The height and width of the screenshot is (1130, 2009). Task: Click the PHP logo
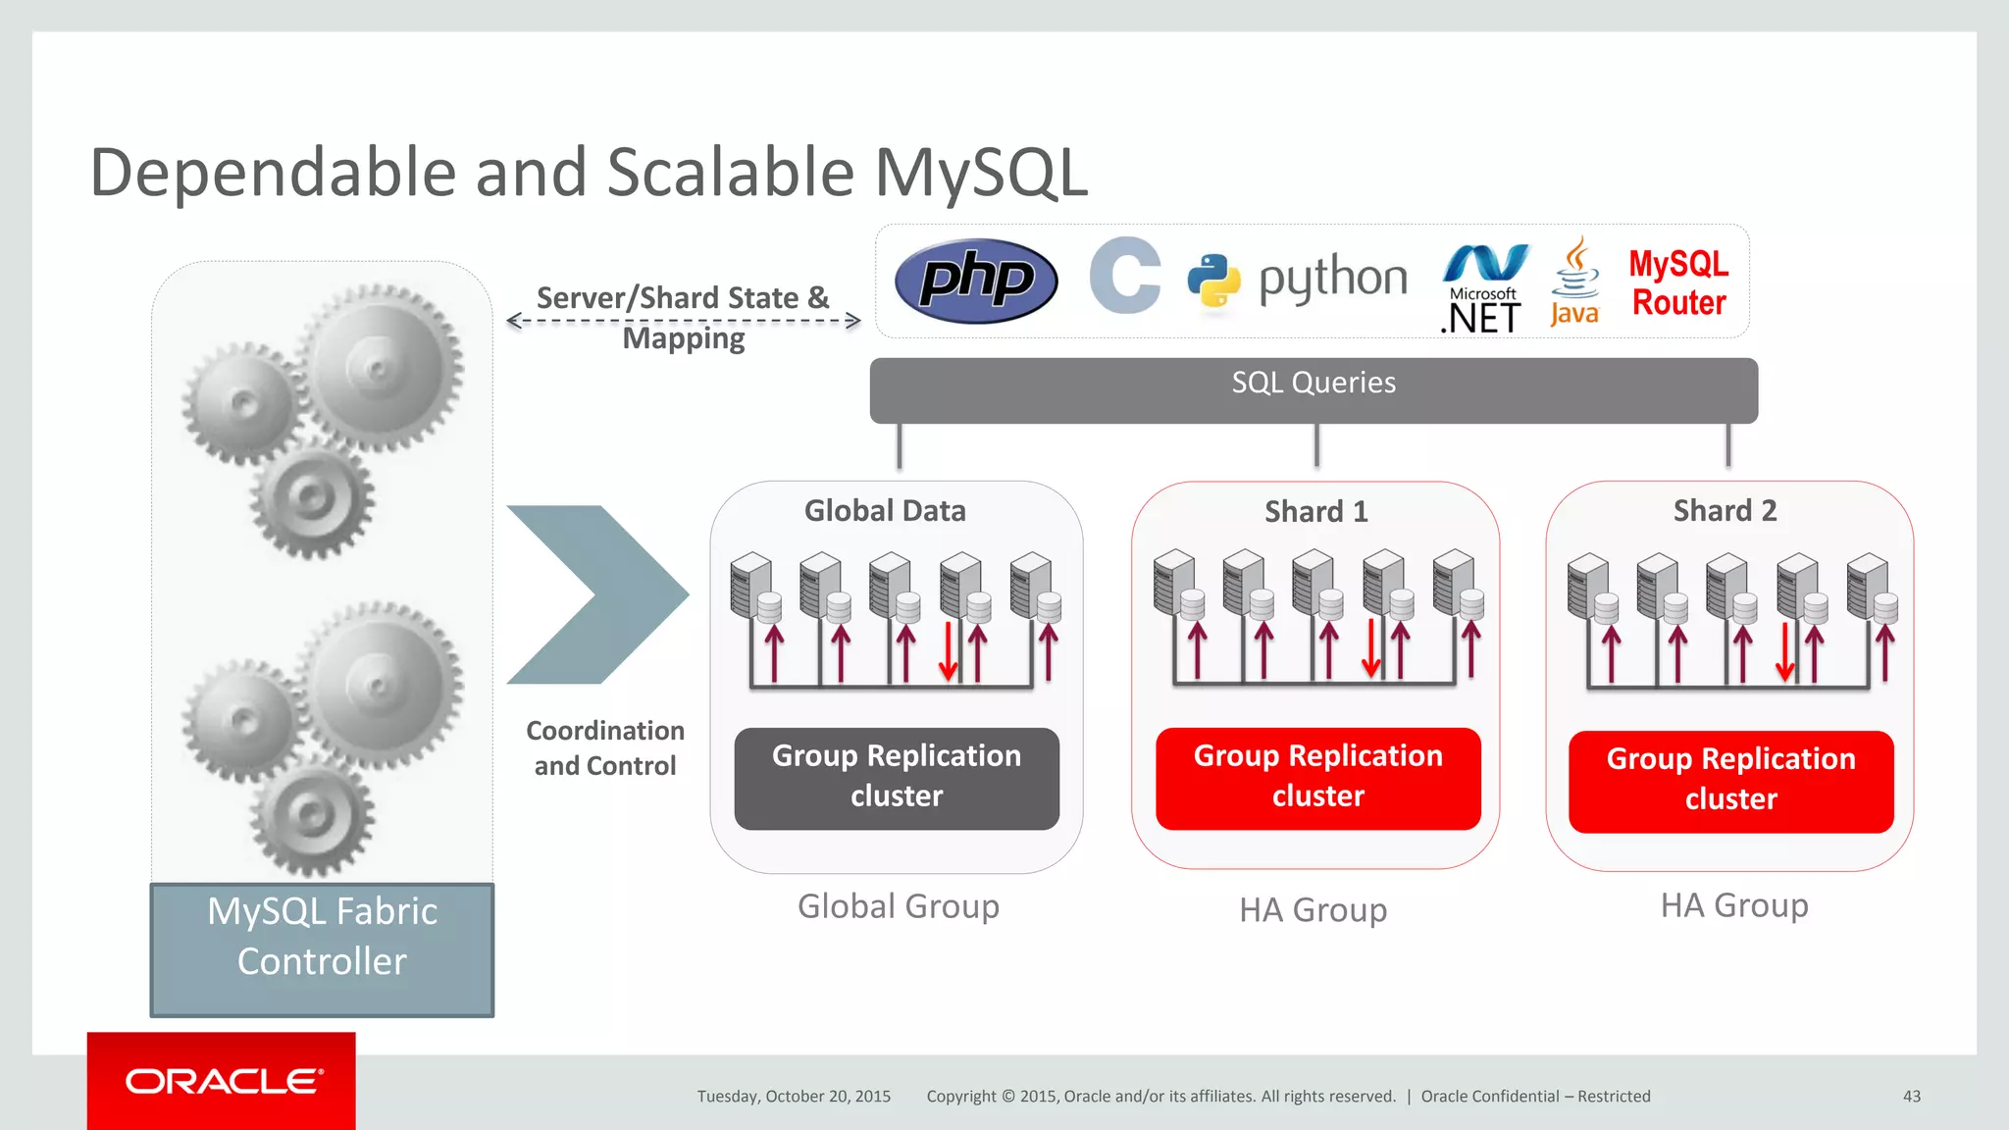pyautogui.click(x=976, y=281)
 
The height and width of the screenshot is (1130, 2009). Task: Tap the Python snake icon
pyautogui.click(x=1213, y=282)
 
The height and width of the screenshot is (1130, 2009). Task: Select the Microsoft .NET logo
pyautogui.click(x=1484, y=289)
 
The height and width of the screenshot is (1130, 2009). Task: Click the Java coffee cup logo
pyautogui.click(x=1574, y=282)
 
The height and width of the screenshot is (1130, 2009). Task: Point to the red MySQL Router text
pyautogui.click(x=1678, y=282)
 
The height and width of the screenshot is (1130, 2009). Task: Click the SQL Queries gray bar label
pyautogui.click(x=1313, y=383)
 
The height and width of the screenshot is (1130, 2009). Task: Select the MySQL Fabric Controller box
pyautogui.click(x=322, y=949)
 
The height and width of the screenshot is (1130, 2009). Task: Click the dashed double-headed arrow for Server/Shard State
pyautogui.click(x=684, y=320)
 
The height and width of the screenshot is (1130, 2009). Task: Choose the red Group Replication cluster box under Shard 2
pyautogui.click(x=1730, y=781)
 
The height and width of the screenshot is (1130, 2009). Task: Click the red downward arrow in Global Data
pyautogui.click(x=948, y=651)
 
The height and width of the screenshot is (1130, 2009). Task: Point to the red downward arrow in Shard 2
pyautogui.click(x=1784, y=653)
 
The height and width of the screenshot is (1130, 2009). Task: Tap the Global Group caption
pyautogui.click(x=898, y=906)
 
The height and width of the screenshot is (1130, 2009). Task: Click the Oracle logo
pyautogui.click(x=222, y=1081)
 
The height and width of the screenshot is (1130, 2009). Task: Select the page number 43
pyautogui.click(x=1911, y=1096)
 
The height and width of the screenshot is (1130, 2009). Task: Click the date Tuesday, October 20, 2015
pyautogui.click(x=794, y=1096)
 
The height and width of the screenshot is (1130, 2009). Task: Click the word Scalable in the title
pyautogui.click(x=731, y=173)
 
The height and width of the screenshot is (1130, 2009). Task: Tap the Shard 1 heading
pyautogui.click(x=1315, y=511)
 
